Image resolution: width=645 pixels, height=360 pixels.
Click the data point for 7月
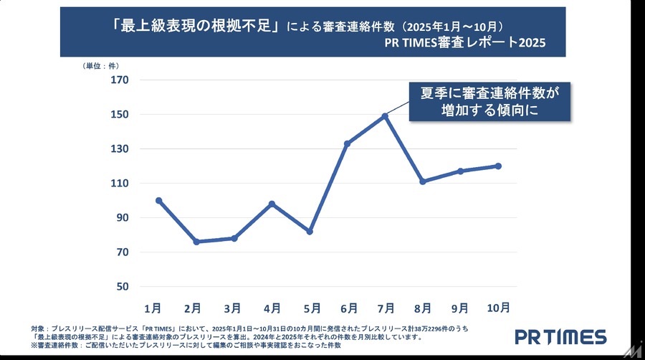(x=385, y=116)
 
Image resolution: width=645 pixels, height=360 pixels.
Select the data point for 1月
(x=158, y=201)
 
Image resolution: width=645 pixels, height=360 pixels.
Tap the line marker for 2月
(x=196, y=242)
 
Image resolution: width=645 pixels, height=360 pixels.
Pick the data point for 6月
(x=347, y=143)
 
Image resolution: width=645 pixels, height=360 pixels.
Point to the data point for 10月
(x=498, y=166)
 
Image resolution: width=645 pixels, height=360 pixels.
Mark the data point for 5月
(x=310, y=232)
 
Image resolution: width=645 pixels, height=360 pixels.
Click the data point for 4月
(x=272, y=204)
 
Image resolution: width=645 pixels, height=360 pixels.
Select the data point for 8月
(x=423, y=181)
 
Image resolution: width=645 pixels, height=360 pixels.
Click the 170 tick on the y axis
(x=119, y=80)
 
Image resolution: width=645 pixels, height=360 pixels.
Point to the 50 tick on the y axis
(x=122, y=287)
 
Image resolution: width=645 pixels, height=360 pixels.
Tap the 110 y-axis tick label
(x=119, y=184)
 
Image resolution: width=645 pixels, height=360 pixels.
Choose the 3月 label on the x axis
(x=231, y=308)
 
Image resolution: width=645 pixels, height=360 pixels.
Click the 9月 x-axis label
(x=459, y=308)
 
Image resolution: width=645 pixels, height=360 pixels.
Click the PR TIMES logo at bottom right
(x=560, y=337)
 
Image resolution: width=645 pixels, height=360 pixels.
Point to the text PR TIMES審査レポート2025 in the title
(x=465, y=42)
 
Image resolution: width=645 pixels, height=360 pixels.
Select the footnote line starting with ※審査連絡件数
(x=186, y=346)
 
